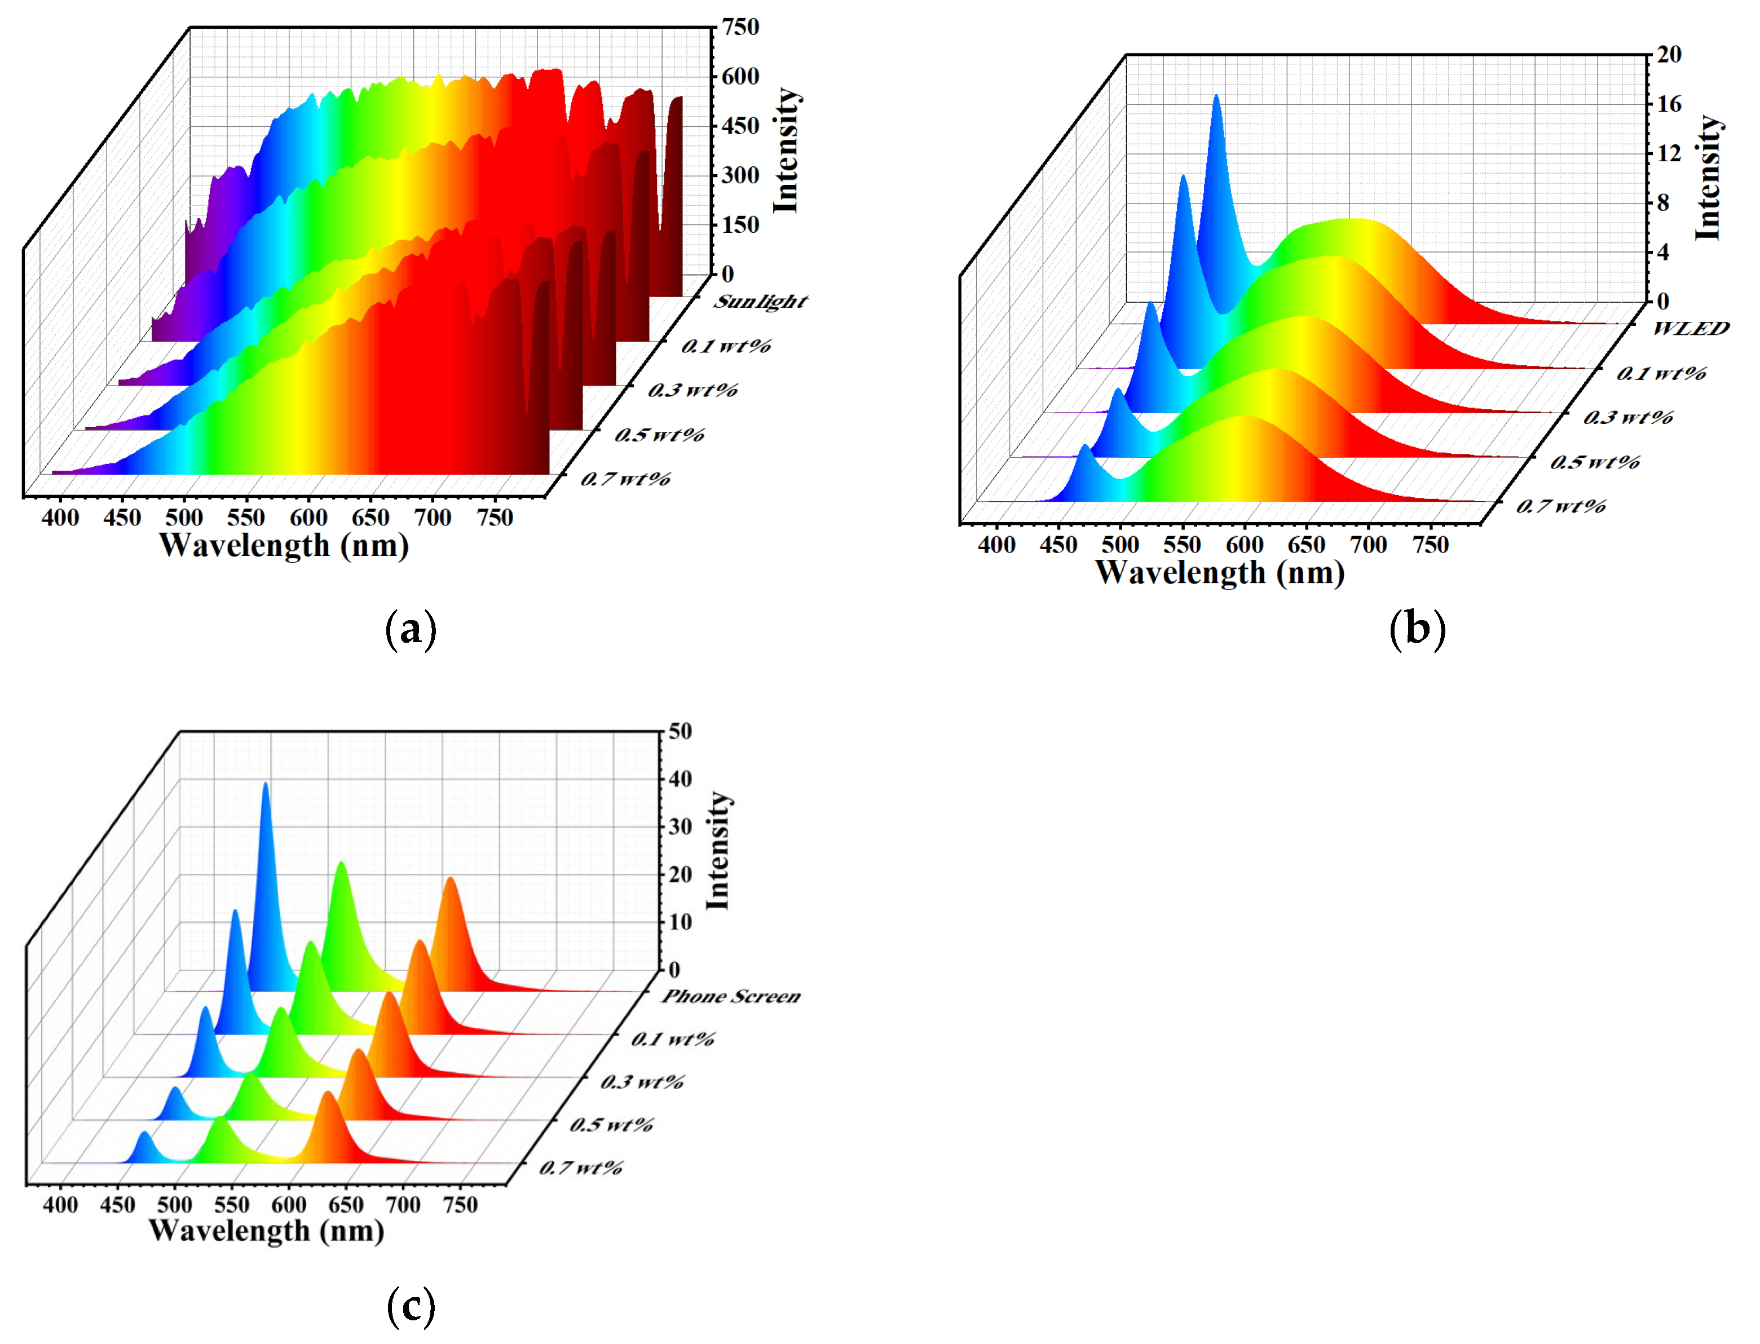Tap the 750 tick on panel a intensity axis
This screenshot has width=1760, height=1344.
[x=740, y=27]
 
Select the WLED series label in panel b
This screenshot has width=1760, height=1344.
[x=1691, y=328]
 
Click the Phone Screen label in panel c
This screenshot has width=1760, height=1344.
[x=730, y=997]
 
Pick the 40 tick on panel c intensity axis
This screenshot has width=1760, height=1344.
[x=680, y=779]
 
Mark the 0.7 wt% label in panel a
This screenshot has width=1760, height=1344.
[x=625, y=479]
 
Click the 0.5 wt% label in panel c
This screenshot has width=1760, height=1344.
[x=611, y=1125]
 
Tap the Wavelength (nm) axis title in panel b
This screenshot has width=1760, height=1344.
[x=1219, y=573]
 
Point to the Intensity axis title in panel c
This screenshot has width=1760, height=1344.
[x=718, y=850]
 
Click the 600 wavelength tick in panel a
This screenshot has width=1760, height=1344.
[x=308, y=518]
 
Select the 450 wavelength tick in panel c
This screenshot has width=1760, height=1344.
[x=118, y=1205]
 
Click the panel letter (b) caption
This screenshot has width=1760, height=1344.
[x=1417, y=629]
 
